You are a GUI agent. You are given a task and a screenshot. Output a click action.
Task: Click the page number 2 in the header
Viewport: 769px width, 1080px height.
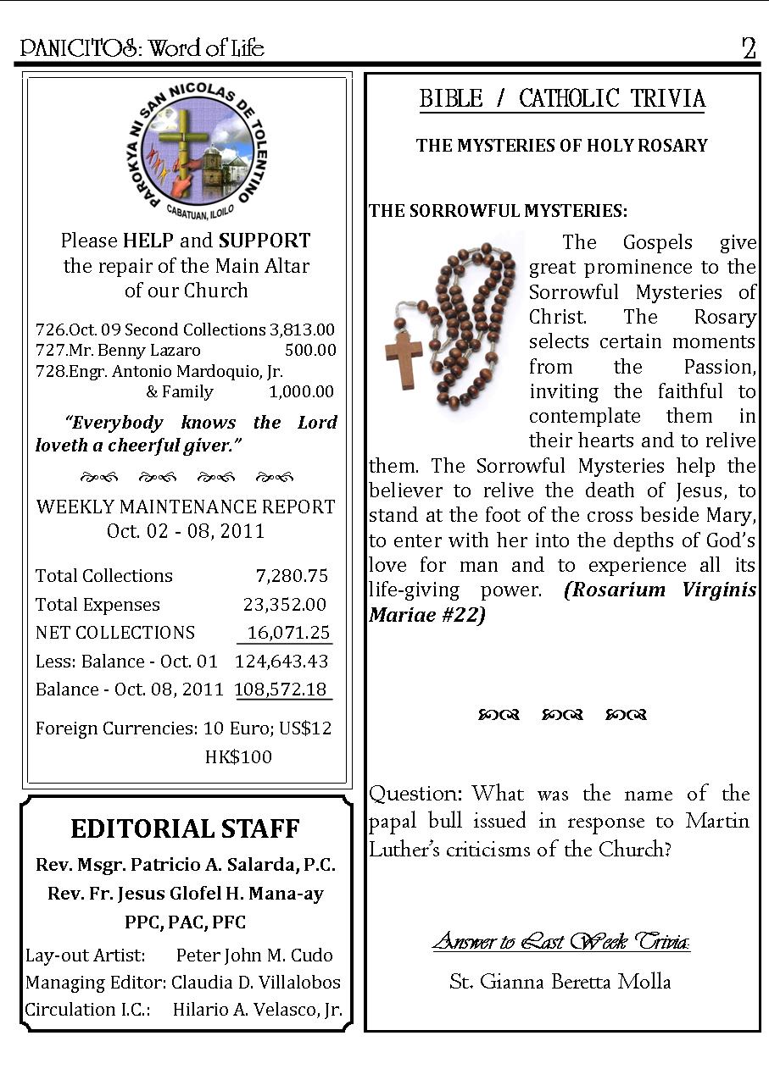(749, 48)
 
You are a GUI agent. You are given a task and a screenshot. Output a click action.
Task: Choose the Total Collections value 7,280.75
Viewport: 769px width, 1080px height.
(292, 576)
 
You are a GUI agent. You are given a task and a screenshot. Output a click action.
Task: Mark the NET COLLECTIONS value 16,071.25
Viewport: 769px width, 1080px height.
(286, 633)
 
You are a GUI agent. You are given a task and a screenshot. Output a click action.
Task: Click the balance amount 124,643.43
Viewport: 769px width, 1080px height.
(281, 662)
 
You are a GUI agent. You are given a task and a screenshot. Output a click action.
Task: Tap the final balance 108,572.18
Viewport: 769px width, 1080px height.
(281, 690)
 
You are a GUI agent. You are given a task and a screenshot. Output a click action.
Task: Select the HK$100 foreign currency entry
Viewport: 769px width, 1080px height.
(238, 756)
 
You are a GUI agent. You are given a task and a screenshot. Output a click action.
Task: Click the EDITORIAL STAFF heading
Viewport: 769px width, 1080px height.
(185, 828)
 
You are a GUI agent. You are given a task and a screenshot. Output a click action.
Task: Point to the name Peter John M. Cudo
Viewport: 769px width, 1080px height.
(254, 955)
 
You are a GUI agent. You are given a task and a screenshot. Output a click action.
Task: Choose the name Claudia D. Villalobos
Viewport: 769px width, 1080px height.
(256, 983)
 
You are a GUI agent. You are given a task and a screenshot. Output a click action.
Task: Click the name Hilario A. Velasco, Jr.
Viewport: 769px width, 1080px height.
(258, 1010)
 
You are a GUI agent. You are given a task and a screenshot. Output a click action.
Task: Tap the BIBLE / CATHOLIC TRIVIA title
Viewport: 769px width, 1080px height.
(562, 99)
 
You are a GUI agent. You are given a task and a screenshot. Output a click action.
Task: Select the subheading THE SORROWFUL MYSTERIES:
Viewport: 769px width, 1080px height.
(498, 211)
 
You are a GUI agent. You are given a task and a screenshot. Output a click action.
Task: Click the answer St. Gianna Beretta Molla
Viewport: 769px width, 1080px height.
(560, 982)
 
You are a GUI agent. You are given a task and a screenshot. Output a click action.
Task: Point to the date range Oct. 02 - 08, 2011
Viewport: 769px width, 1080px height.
(186, 531)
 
